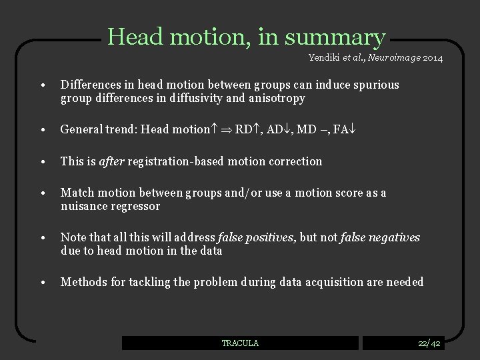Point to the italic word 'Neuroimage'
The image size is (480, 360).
[390, 58]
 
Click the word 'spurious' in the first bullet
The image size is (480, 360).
[377, 85]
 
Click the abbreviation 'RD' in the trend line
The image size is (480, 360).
[244, 130]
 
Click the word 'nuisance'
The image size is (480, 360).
[83, 206]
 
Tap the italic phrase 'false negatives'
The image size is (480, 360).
[380, 237]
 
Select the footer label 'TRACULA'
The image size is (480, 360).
[240, 343]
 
